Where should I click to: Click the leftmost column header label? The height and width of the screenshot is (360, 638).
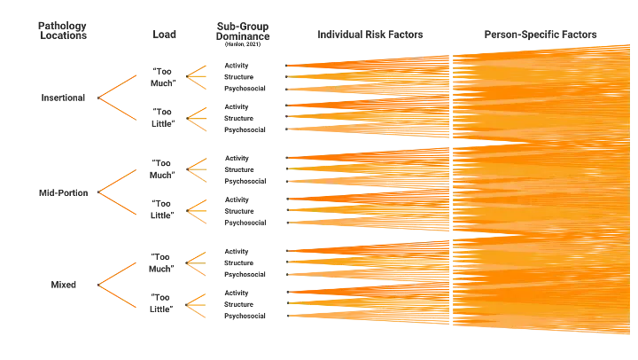click(64, 34)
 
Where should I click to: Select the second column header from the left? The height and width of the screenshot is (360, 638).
click(163, 35)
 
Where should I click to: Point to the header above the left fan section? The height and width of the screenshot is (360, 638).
click(369, 35)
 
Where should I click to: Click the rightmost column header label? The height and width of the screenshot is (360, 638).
click(541, 35)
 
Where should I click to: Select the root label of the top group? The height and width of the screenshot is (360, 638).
click(59, 98)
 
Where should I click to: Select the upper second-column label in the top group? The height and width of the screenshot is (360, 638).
click(163, 76)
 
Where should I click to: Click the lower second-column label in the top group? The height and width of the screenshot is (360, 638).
click(163, 117)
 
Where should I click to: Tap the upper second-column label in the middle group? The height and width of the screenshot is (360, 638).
click(163, 168)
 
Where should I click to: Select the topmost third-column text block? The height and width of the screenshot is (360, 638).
click(241, 76)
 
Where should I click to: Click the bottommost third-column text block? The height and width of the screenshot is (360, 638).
click(241, 303)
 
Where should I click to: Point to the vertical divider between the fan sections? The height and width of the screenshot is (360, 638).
click(453, 191)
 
